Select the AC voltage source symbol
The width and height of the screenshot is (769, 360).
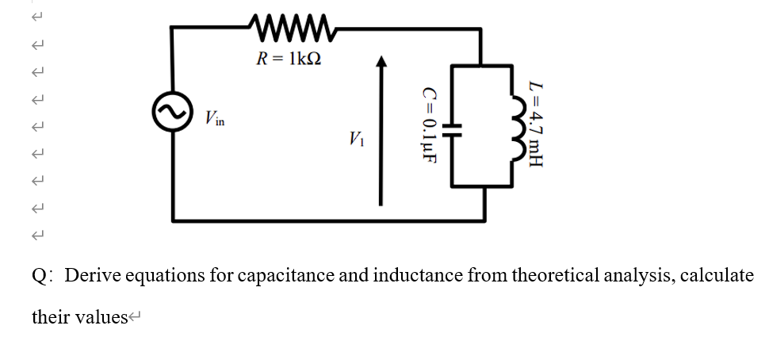(x=172, y=114)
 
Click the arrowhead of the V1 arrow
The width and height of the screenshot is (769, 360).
(x=382, y=63)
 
